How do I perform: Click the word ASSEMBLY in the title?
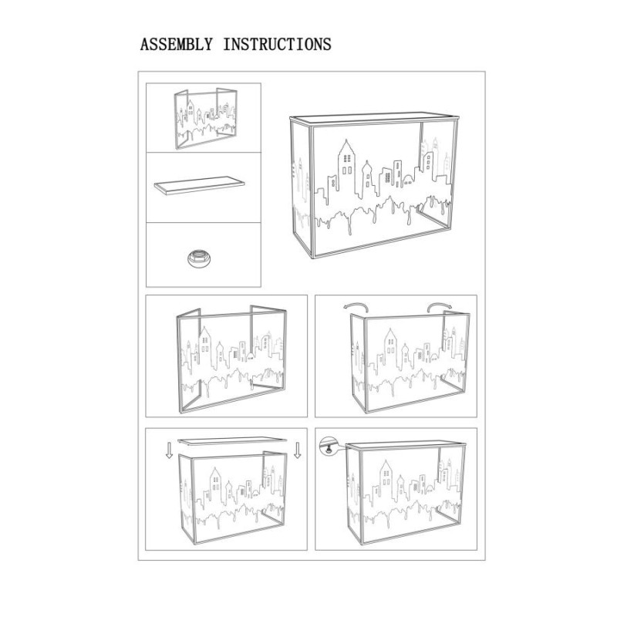click(x=176, y=44)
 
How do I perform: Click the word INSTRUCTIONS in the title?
click(x=277, y=44)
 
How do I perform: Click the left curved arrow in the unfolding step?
click(x=354, y=307)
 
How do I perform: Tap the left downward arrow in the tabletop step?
click(x=169, y=450)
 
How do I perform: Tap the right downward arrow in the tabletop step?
click(x=298, y=450)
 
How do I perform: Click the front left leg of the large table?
click(x=312, y=193)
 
